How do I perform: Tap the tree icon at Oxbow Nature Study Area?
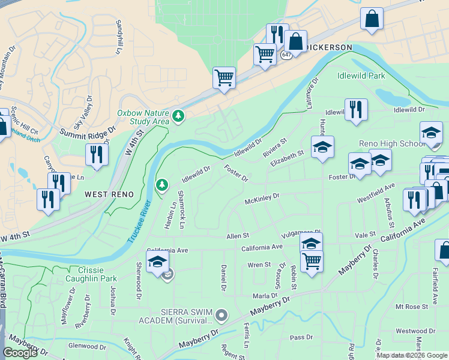(178, 115)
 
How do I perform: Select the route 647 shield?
(286, 55)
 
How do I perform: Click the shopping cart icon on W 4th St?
(224, 77)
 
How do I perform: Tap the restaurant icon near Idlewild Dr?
(356, 109)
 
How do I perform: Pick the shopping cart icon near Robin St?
(312, 261)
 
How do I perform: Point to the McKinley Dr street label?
(262, 197)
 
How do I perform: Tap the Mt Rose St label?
(412, 306)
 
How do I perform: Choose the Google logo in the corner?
(20, 353)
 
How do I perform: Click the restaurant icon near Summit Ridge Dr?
(97, 154)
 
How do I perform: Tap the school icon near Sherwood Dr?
(157, 263)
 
